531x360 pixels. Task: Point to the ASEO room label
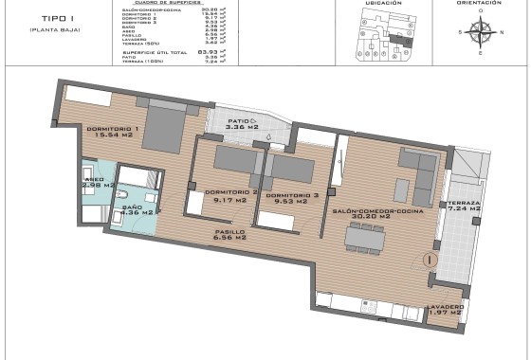94,178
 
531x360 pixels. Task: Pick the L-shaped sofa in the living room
416,170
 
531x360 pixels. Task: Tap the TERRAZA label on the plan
466,204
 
